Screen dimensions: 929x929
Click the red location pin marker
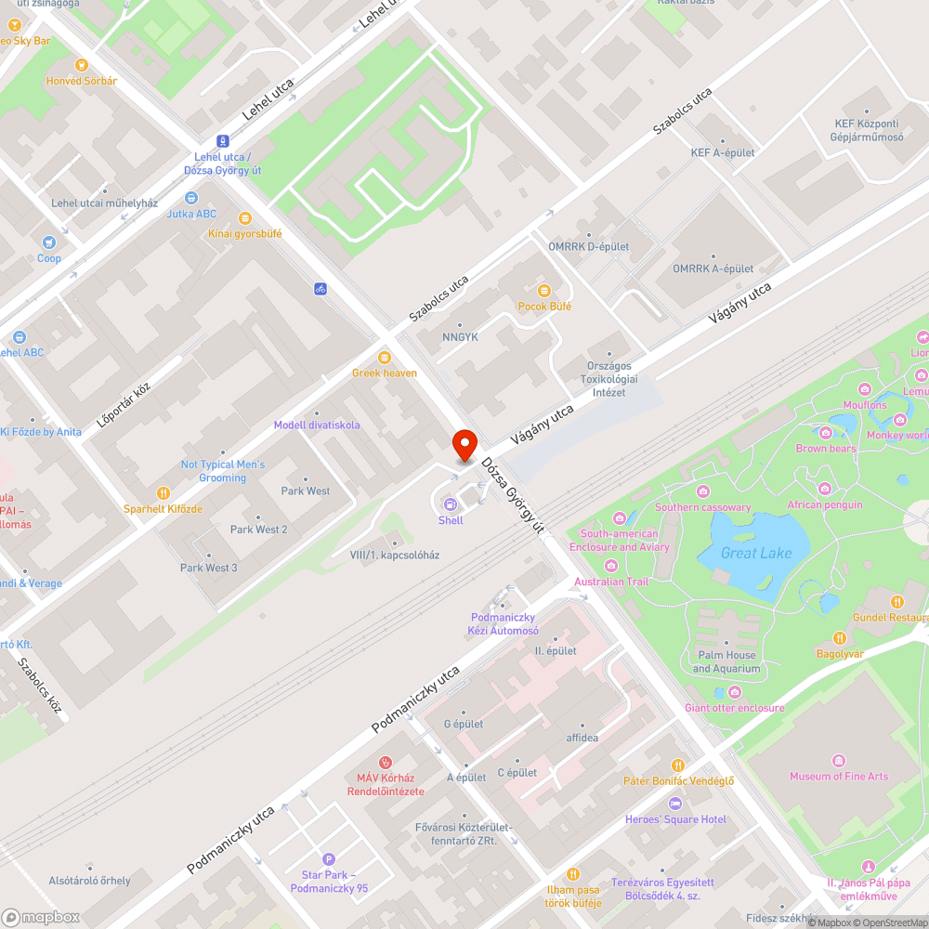[464, 444]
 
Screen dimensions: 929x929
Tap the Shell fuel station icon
[451, 504]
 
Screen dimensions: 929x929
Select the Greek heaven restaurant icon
[384, 358]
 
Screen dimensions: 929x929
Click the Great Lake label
[756, 553]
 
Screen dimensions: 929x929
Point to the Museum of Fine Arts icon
[839, 761]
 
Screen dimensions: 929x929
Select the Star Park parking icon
[328, 859]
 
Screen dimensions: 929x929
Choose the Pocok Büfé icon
[544, 291]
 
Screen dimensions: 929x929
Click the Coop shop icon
[48, 242]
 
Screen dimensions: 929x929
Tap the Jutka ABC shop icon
[191, 198]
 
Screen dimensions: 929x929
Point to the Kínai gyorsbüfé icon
[245, 218]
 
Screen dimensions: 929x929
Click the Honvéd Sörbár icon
[82, 65]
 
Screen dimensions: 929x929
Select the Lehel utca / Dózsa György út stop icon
[222, 141]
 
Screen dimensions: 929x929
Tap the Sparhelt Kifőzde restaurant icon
[164, 493]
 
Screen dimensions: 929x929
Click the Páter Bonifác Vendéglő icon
[678, 765]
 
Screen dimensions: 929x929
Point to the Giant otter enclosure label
[734, 708]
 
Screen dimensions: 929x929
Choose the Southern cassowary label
[702, 507]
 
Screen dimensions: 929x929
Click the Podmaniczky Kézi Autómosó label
[504, 623]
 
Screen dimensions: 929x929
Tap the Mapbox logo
[41, 917]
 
